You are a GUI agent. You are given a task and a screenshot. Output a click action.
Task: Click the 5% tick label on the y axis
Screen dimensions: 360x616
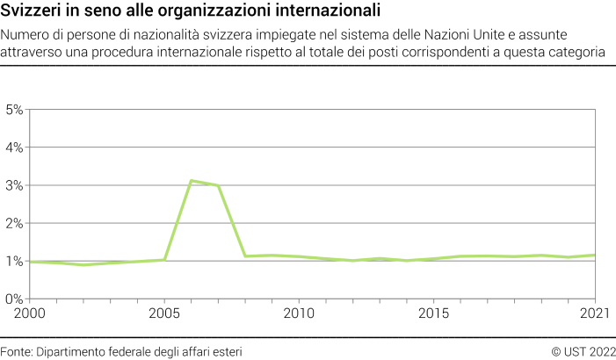(x=14, y=110)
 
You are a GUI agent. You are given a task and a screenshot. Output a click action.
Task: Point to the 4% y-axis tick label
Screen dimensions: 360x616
(x=14, y=148)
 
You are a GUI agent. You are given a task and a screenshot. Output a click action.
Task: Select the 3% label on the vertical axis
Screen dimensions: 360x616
(x=14, y=185)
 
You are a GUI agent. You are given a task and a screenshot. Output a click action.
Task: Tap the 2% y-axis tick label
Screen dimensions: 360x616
(x=14, y=223)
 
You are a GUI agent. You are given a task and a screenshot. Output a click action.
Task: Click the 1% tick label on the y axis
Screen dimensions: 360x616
(x=14, y=261)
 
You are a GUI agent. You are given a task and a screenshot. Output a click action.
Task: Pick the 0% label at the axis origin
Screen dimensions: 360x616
(x=14, y=299)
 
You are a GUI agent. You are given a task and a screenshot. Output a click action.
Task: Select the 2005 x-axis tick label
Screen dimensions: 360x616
(x=164, y=313)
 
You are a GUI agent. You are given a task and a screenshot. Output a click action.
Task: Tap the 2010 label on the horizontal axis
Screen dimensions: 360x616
(x=299, y=313)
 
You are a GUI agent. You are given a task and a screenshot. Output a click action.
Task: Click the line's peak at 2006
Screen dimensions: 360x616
(x=192, y=181)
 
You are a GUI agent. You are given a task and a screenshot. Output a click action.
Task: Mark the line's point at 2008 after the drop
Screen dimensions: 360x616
(x=245, y=256)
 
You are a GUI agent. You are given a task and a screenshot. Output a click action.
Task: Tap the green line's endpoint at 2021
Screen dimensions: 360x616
(x=595, y=256)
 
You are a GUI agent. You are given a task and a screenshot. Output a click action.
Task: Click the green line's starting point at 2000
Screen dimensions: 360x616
(x=31, y=262)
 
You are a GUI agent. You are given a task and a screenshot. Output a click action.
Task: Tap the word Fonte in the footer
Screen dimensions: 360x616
(x=16, y=350)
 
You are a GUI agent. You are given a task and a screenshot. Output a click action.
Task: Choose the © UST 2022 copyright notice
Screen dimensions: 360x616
(x=583, y=350)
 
